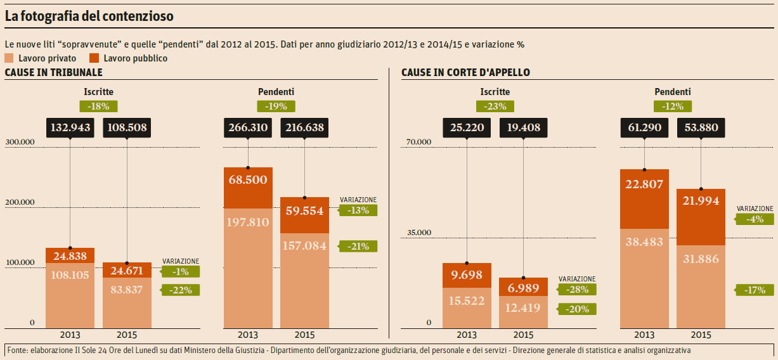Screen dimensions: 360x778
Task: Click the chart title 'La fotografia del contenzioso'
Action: [89, 17]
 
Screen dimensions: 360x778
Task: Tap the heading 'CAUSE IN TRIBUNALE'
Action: [53, 73]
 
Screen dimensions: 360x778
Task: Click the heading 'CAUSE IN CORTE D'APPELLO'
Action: [465, 73]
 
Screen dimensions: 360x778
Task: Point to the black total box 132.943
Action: [70, 128]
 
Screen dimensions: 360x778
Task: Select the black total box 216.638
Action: [304, 128]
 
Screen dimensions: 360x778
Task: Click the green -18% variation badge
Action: [98, 106]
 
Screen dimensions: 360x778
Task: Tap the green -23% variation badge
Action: [495, 106]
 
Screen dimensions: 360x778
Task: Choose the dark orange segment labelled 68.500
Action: [248, 188]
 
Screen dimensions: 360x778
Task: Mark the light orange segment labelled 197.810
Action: [248, 266]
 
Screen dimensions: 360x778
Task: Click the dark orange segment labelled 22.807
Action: [644, 199]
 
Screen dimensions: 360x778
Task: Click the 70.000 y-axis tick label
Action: [419, 142]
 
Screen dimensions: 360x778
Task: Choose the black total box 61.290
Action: [644, 128]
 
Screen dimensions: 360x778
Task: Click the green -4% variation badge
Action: [755, 219]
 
